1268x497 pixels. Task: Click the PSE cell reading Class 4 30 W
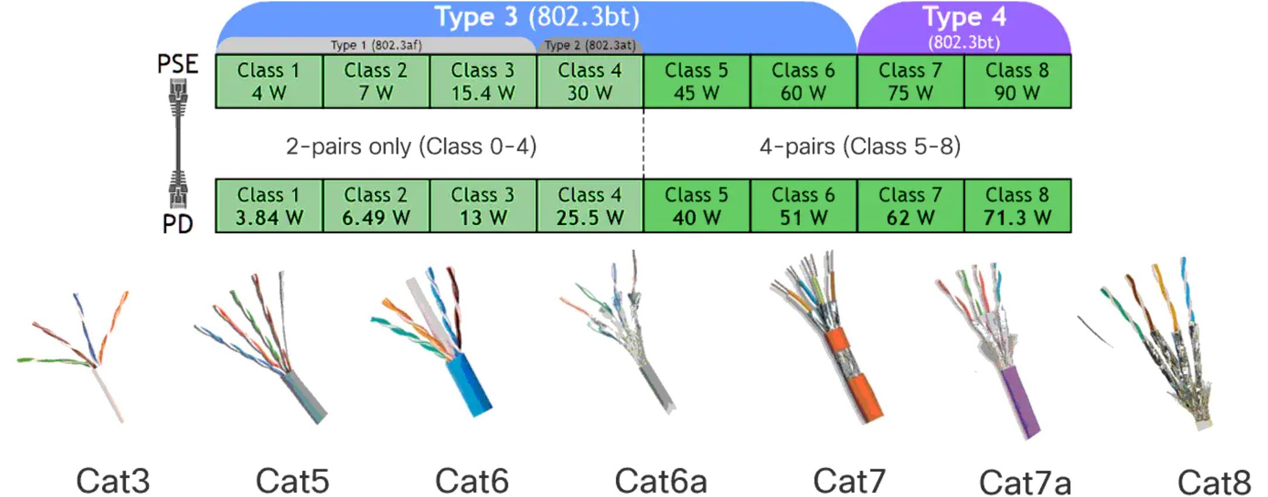[589, 81]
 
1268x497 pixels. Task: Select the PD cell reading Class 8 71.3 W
[1017, 206]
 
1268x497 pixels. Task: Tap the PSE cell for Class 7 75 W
[910, 81]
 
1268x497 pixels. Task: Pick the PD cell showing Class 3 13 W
[483, 206]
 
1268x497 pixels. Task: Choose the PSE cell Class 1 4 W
[269, 81]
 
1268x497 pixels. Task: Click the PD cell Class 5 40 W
[696, 206]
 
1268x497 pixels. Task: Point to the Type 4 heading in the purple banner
[964, 18]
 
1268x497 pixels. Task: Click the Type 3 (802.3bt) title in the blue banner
[537, 18]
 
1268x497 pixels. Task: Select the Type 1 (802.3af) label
[376, 45]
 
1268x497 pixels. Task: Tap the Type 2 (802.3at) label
[589, 45]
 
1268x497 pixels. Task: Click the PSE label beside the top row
[178, 64]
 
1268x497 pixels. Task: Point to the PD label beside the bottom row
[178, 224]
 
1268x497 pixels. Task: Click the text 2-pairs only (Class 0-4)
[411, 146]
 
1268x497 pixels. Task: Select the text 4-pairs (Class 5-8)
[860, 146]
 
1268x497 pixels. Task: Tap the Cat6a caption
[661, 481]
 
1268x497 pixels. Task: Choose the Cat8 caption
[1214, 482]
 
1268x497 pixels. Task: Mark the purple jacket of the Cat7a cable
[1021, 403]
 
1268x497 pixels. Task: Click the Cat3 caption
[113, 481]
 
